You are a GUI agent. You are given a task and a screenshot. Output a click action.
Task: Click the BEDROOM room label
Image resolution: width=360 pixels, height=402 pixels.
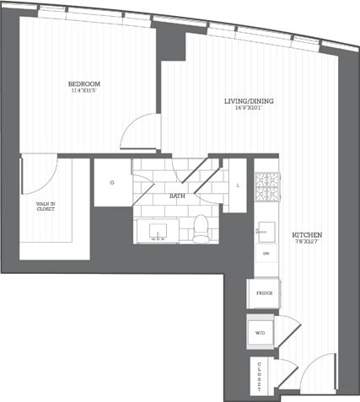[x=84, y=83]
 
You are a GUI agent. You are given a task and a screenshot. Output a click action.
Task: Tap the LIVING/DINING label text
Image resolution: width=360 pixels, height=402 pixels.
[x=248, y=101]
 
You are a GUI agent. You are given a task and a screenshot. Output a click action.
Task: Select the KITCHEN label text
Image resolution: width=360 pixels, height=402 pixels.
[x=306, y=234]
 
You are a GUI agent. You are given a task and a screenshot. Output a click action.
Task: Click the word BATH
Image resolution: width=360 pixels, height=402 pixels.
[x=177, y=196]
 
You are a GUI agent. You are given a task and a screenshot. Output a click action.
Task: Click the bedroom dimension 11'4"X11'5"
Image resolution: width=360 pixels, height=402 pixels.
[x=84, y=91]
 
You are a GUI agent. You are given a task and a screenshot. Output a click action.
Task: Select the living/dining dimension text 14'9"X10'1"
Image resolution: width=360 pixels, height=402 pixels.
[x=248, y=109]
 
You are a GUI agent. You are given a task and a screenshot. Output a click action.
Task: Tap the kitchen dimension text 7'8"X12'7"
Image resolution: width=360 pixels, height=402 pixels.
[x=306, y=243]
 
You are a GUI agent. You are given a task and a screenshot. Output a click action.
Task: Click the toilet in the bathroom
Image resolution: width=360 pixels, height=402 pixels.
[x=201, y=228]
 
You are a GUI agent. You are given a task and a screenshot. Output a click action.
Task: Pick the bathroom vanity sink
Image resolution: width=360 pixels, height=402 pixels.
[x=157, y=229]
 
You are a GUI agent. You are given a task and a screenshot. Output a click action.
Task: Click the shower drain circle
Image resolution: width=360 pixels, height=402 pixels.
[x=111, y=180]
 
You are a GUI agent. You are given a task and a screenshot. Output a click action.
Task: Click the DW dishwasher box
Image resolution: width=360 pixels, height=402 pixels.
[x=265, y=254]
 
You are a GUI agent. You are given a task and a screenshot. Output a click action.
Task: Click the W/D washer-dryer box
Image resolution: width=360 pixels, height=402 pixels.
[x=260, y=333]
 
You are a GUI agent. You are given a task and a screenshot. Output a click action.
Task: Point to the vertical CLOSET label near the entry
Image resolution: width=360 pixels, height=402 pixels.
[x=259, y=376]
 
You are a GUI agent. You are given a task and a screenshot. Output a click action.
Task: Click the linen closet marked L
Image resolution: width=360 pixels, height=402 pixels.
[x=239, y=185]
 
